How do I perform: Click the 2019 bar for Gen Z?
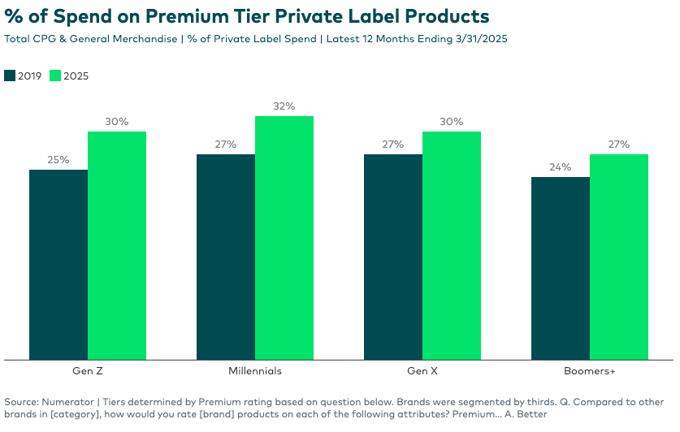(58, 264)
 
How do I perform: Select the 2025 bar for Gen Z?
(117, 245)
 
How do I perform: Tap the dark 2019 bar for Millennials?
(226, 257)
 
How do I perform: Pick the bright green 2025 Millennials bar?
(284, 237)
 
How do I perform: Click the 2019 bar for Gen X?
(393, 257)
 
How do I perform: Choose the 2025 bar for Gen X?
(452, 245)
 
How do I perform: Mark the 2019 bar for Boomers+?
(561, 268)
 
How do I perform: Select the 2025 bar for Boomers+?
(619, 257)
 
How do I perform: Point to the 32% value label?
(284, 106)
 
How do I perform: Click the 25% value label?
(58, 160)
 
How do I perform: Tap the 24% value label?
(561, 167)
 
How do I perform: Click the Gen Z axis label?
(88, 371)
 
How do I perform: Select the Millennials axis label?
(255, 371)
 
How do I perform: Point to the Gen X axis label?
(422, 371)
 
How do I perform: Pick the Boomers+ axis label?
(590, 371)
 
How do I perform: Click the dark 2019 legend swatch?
(10, 76)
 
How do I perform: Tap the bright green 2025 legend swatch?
(55, 76)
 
